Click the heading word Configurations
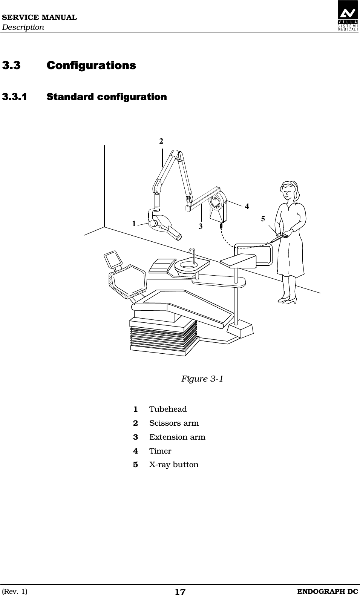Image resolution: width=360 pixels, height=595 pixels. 91,66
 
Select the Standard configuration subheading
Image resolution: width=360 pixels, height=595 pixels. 107,97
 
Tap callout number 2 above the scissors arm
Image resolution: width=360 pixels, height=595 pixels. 161,141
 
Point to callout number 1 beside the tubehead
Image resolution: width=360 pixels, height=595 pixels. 134,224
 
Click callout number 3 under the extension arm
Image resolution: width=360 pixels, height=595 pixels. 201,227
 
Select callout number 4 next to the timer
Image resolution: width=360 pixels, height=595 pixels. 247,206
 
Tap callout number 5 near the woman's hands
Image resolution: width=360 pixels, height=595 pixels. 263,219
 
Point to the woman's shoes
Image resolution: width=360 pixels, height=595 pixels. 288,300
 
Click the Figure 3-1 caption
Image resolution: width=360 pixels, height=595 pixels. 202,379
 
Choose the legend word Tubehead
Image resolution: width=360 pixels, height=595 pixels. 168,409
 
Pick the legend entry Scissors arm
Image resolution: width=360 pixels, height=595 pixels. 174,423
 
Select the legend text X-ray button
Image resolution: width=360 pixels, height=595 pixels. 174,465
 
